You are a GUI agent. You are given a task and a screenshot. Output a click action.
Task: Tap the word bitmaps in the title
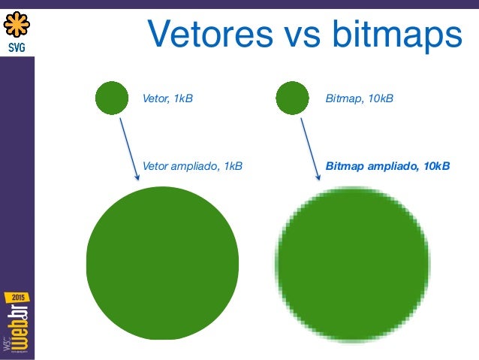click(397, 35)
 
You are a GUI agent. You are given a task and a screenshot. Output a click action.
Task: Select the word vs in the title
click(302, 38)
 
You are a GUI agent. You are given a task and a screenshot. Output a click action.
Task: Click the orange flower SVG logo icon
click(17, 24)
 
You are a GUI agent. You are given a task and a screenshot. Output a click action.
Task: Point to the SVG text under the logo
click(17, 47)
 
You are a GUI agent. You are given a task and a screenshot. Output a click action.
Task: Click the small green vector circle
click(112, 98)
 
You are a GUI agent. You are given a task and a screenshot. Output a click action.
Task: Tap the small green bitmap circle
click(292, 98)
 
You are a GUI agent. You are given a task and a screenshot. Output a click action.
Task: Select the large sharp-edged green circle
click(162, 263)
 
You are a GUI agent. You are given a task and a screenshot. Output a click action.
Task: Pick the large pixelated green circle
click(353, 264)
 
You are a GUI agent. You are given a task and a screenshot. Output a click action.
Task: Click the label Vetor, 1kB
click(167, 98)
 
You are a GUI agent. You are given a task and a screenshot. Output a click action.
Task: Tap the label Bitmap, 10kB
click(359, 98)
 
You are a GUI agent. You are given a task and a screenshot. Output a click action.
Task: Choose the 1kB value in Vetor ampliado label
click(233, 166)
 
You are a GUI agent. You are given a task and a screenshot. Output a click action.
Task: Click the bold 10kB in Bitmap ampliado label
click(437, 166)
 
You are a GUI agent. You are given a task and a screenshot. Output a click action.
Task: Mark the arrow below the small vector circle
click(130, 149)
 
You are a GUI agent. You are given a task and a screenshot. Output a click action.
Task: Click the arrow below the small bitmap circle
click(310, 149)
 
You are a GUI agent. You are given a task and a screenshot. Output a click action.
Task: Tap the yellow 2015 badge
click(17, 298)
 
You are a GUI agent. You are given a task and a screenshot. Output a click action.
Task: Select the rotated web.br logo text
click(19, 327)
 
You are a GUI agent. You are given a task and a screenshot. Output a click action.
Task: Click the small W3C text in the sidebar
click(7, 343)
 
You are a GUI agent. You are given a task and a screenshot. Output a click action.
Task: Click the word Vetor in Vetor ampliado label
click(155, 166)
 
